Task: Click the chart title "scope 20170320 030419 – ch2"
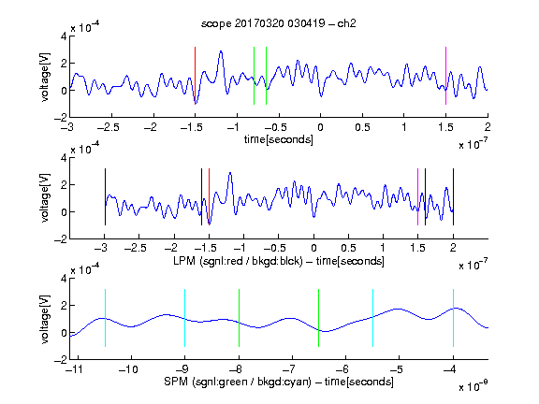click(x=279, y=23)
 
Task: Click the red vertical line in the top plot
click(x=196, y=76)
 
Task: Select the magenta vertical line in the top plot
click(x=445, y=76)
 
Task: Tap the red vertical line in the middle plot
click(x=209, y=196)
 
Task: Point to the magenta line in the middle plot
click(x=417, y=196)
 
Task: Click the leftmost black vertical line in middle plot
click(x=105, y=196)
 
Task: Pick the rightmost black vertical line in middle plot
click(x=453, y=196)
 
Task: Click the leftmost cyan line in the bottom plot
click(x=105, y=318)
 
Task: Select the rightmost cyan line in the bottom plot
click(x=453, y=318)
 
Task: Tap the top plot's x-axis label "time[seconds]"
click(x=279, y=139)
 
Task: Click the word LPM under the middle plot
click(x=184, y=261)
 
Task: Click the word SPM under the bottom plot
click(x=176, y=382)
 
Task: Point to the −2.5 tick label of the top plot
click(x=108, y=127)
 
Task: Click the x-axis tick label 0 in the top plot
click(x=320, y=127)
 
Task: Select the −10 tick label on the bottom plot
click(x=128, y=369)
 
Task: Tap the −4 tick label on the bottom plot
click(x=450, y=369)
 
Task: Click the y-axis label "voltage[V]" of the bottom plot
click(x=45, y=319)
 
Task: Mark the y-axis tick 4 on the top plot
click(x=64, y=36)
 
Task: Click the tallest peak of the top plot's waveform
click(x=221, y=51)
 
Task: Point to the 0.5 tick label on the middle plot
click(x=348, y=248)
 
